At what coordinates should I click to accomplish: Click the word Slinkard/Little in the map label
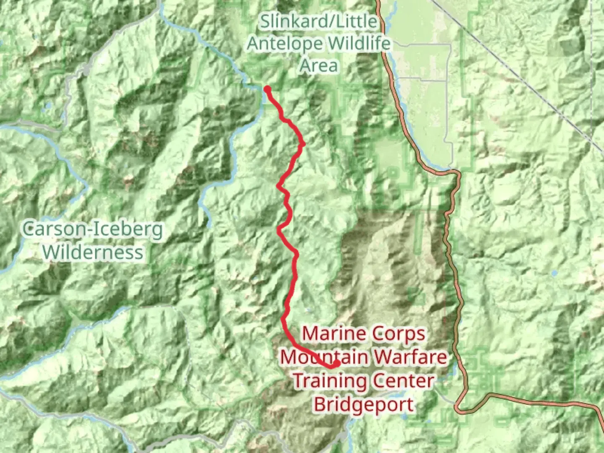click(x=318, y=21)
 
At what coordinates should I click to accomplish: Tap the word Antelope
click(x=285, y=44)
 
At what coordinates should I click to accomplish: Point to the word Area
click(x=318, y=65)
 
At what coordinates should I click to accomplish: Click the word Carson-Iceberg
click(x=93, y=230)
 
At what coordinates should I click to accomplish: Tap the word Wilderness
click(x=93, y=253)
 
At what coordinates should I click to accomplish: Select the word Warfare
click(x=411, y=357)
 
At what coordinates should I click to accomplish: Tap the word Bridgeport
click(x=364, y=405)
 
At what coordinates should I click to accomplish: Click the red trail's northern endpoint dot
click(x=267, y=89)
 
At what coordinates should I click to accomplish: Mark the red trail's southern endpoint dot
click(x=336, y=363)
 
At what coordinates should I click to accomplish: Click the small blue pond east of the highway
click(x=555, y=273)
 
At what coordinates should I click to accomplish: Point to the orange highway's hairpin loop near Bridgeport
click(x=458, y=407)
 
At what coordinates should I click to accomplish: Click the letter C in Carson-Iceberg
click(x=29, y=230)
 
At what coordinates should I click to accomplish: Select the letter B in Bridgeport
click(x=320, y=405)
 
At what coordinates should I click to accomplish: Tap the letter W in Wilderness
click(x=52, y=253)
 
